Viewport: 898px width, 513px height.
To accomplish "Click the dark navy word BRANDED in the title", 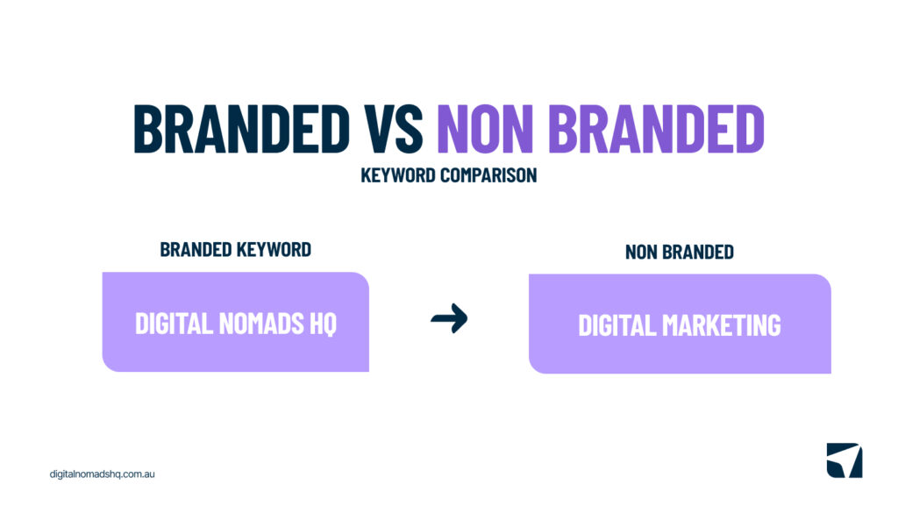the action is [242, 129].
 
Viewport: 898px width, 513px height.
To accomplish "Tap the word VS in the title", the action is [394, 129].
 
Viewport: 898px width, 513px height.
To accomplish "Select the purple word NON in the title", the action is [485, 129].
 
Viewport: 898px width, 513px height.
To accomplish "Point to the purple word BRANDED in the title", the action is [656, 129].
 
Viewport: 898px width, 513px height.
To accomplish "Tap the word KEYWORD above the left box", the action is [274, 250].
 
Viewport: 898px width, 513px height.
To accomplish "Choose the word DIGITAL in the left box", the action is [175, 324].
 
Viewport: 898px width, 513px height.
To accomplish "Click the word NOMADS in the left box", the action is [261, 324].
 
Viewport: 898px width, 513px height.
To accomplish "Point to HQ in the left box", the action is [323, 324].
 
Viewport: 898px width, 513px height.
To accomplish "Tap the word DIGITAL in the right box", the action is [617, 326].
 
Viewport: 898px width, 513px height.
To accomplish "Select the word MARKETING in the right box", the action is [722, 326].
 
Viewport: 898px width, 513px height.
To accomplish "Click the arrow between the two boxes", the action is [449, 318].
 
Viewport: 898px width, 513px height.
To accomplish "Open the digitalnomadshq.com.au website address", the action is [102, 474].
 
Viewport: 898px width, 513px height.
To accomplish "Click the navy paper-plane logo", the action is [845, 460].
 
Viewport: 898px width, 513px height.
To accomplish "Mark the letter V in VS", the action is [379, 129].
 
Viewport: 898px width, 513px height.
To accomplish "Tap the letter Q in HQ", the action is [330, 324].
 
